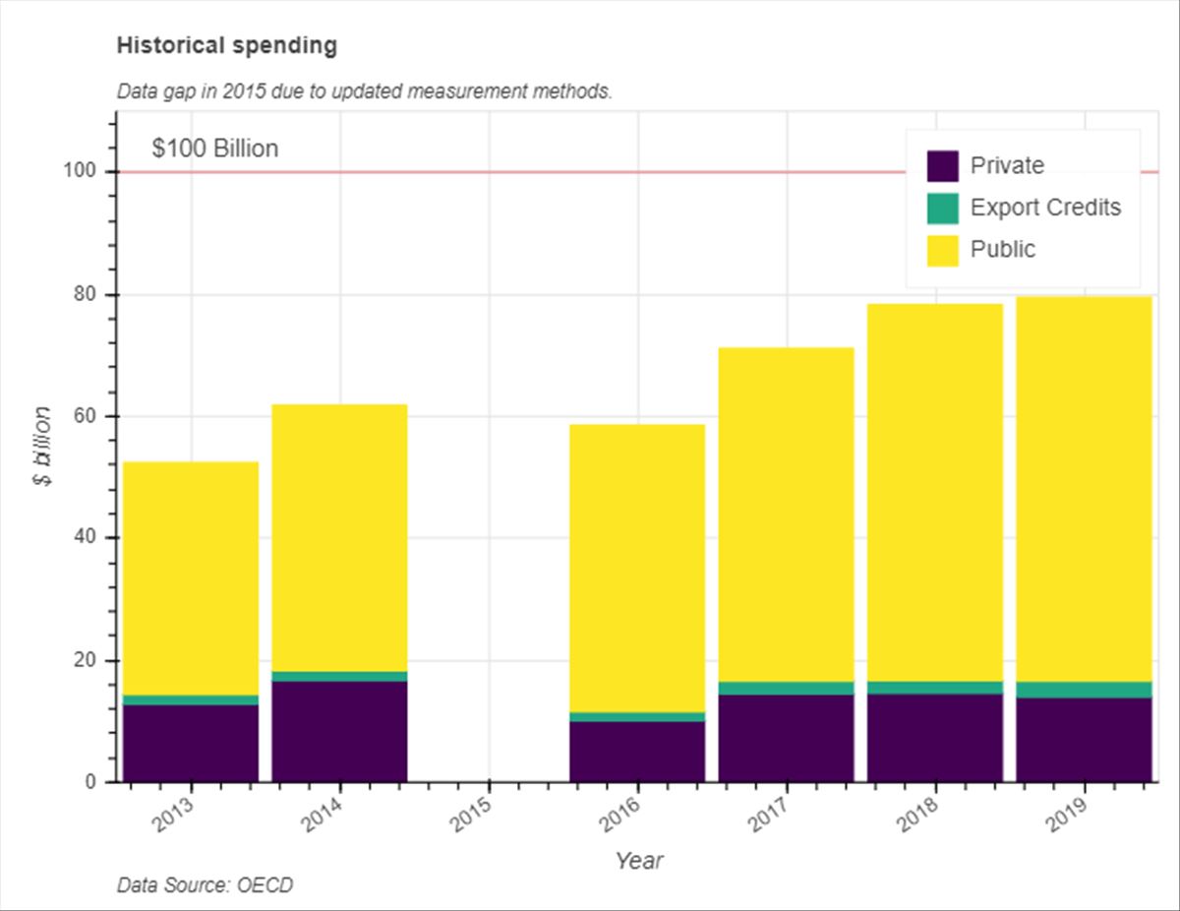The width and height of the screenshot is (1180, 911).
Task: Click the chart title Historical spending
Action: tap(226, 45)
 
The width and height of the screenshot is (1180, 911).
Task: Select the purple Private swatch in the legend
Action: tap(942, 166)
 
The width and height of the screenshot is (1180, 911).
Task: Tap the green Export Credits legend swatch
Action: tap(942, 209)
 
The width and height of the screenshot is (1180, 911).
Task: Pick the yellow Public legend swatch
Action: tap(942, 250)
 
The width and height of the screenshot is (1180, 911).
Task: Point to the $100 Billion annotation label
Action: tap(215, 149)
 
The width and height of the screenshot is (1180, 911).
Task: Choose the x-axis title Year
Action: tap(639, 861)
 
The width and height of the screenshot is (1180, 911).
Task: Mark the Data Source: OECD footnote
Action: tap(205, 885)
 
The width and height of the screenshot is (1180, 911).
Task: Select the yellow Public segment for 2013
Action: tap(191, 578)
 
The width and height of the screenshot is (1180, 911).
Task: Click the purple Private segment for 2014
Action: tap(339, 731)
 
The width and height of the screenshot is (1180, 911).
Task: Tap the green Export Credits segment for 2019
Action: tap(1084, 690)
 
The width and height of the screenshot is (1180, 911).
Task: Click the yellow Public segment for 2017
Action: tap(786, 515)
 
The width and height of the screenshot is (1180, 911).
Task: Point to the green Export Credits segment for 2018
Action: tap(935, 688)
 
